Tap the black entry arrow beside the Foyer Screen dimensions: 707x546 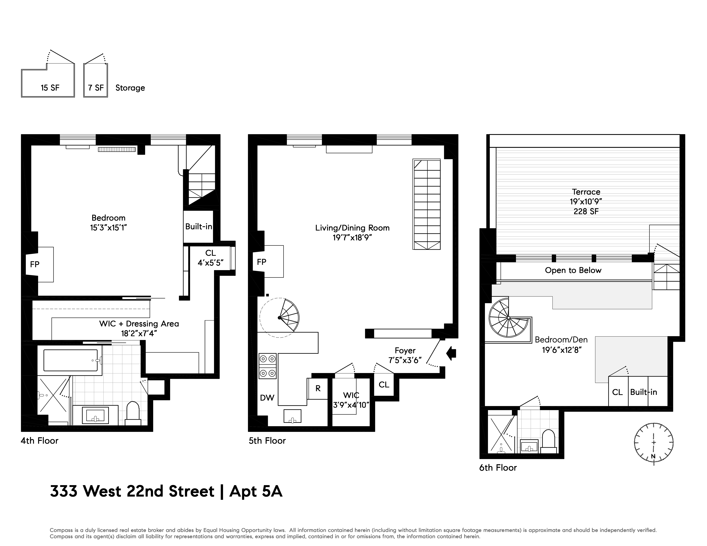pos(451,353)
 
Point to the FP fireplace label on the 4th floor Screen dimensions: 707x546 pos(35,264)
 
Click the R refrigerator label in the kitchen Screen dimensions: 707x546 pos(318,388)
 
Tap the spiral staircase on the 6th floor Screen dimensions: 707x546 pos(509,318)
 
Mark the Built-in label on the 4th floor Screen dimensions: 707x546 pos(198,226)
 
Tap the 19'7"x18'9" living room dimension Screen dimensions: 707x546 pos(352,237)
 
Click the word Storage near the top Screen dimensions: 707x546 pos(130,88)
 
